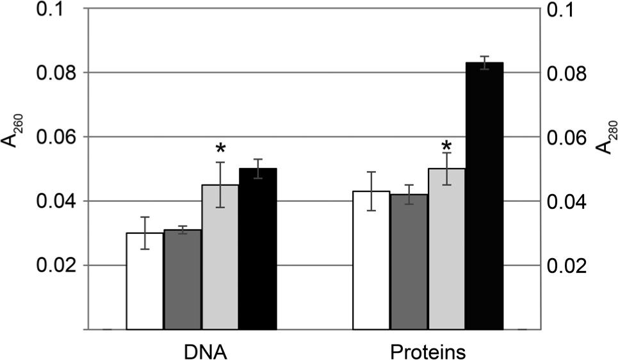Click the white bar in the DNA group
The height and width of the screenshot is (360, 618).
click(x=145, y=282)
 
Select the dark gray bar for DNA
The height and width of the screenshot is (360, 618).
click(x=183, y=280)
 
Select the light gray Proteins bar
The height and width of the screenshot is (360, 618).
click(x=446, y=249)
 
